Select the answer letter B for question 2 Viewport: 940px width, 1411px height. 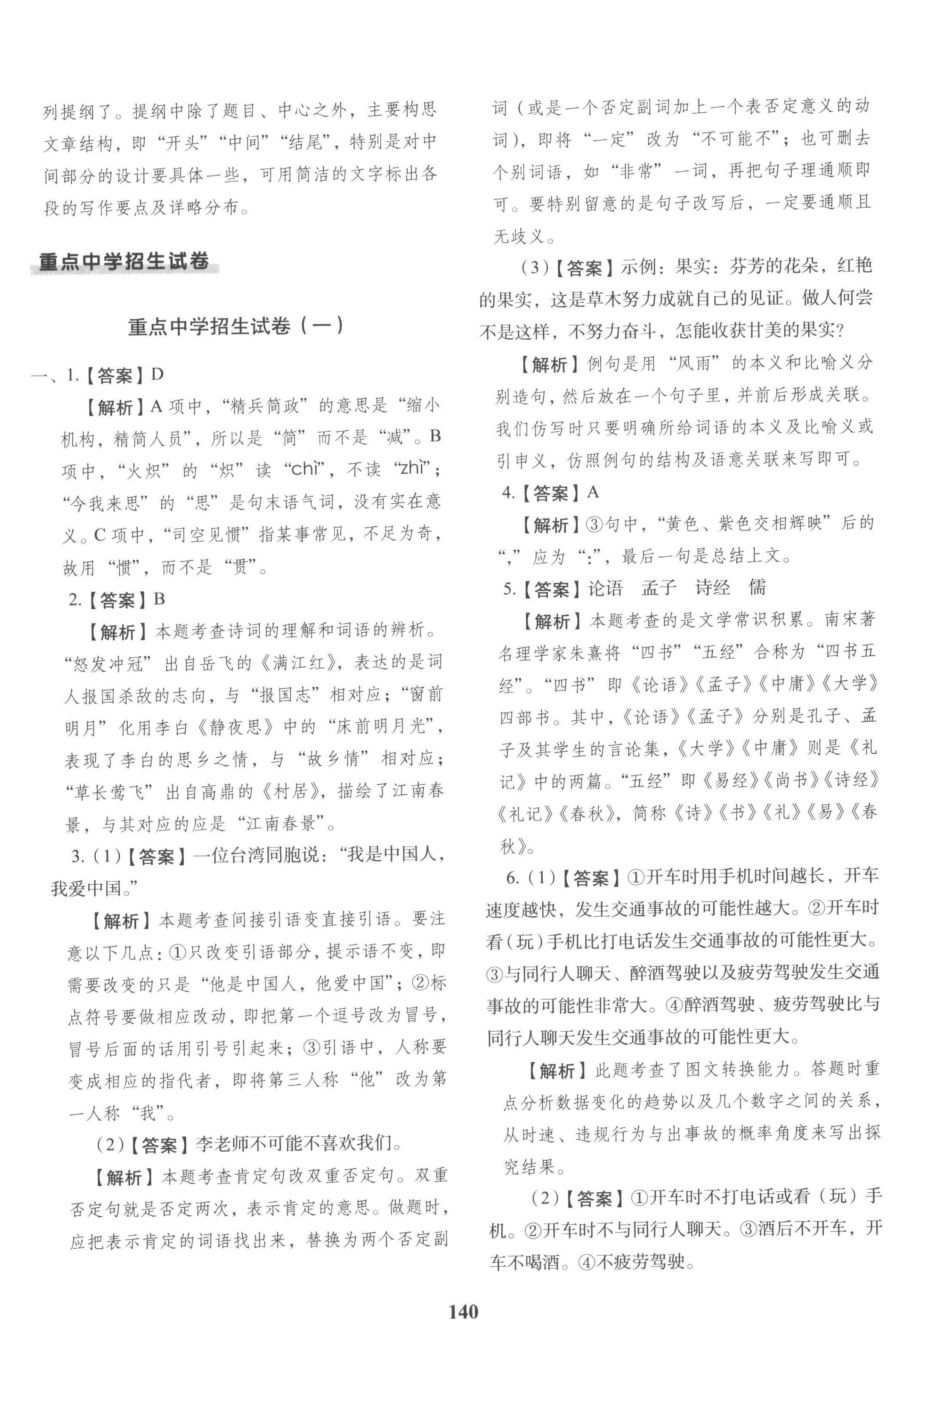point(159,599)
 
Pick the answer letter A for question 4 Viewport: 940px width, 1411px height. point(593,493)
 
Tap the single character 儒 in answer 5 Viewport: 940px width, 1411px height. point(758,588)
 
